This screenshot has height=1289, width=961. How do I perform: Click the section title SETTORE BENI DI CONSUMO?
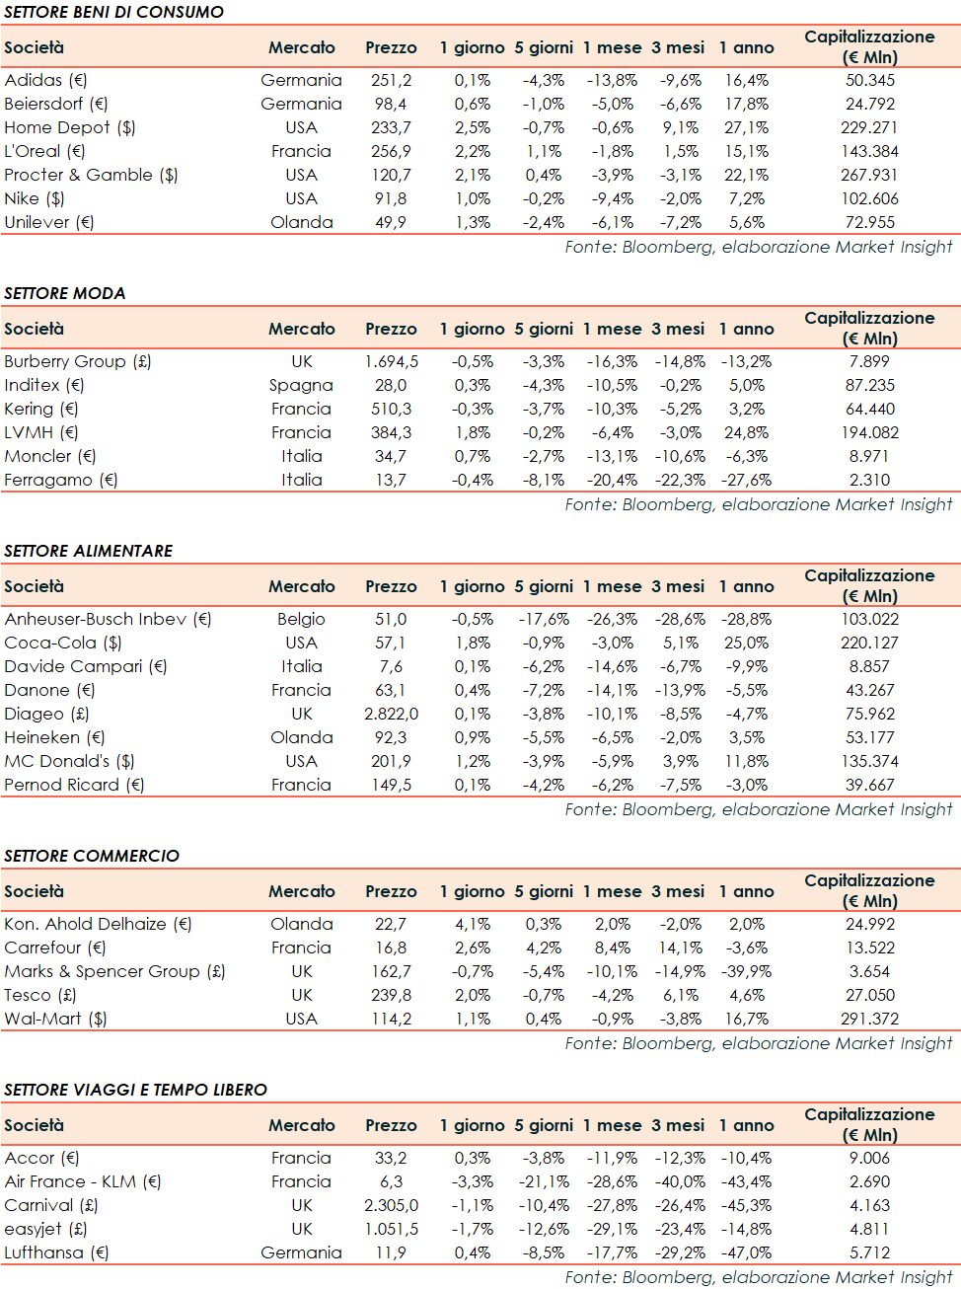click(x=113, y=12)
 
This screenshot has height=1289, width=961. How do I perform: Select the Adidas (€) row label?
click(x=45, y=80)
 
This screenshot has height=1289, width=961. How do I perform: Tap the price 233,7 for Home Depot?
click(x=391, y=127)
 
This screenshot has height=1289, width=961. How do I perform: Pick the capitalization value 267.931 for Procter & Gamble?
click(x=869, y=175)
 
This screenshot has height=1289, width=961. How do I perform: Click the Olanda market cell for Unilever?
click(x=301, y=222)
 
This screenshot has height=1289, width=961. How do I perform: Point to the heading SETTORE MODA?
click(x=65, y=293)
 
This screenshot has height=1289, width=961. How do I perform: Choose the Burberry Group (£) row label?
click(x=78, y=361)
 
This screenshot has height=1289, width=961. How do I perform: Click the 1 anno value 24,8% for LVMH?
click(x=746, y=432)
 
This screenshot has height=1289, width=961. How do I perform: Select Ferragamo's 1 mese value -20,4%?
click(x=612, y=480)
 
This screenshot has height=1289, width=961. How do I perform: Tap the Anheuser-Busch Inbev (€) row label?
click(x=108, y=619)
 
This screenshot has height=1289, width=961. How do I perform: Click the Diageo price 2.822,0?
click(x=391, y=714)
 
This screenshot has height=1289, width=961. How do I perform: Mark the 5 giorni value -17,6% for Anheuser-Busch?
click(x=544, y=619)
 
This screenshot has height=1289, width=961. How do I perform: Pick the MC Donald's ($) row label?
click(x=69, y=761)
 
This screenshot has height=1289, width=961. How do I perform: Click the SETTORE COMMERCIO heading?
click(x=92, y=856)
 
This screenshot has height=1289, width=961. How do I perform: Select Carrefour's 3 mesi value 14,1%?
click(x=681, y=948)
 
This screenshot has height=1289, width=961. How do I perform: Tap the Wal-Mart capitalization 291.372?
click(x=869, y=1019)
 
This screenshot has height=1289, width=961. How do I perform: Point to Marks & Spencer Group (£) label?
click(x=114, y=971)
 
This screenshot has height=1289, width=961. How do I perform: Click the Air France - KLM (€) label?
click(x=82, y=1181)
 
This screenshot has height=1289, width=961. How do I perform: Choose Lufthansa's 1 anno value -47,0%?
click(x=746, y=1252)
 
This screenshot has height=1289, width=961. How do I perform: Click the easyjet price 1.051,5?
click(x=391, y=1229)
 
